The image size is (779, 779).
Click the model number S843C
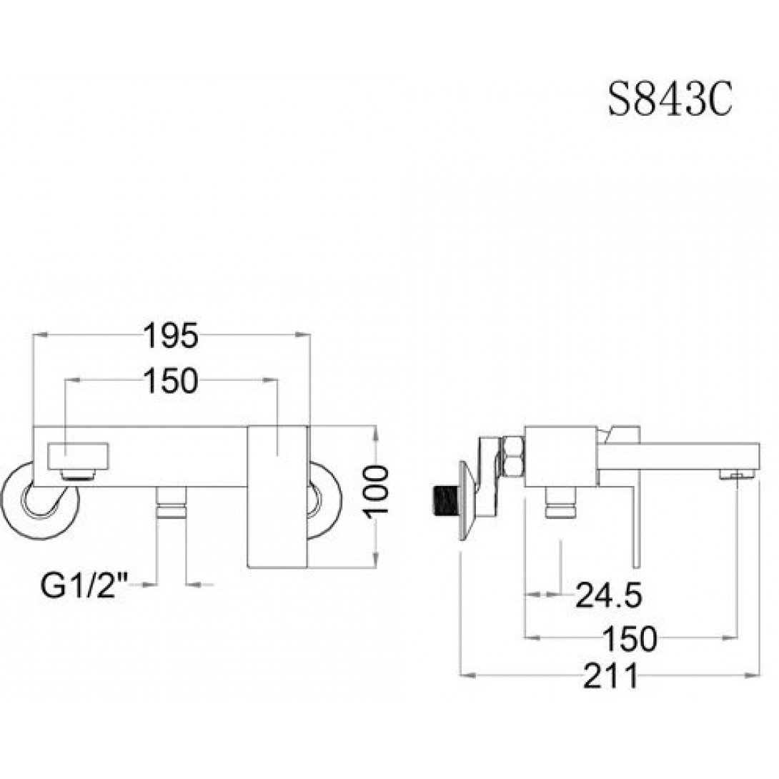click(670, 100)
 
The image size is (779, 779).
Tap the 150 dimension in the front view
click(170, 381)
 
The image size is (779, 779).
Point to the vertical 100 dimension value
click(376, 492)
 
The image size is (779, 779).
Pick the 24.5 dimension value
click(609, 595)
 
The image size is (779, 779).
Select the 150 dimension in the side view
click(630, 638)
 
